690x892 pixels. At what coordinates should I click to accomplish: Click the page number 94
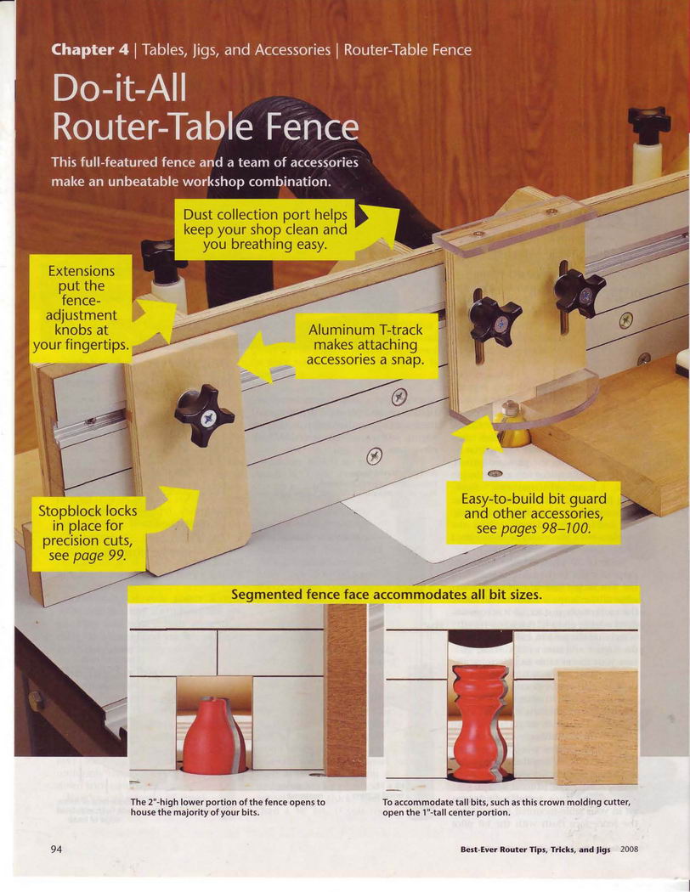[x=56, y=850]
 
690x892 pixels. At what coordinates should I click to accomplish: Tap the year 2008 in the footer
[x=629, y=850]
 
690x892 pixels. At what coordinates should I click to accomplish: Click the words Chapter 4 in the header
[x=90, y=50]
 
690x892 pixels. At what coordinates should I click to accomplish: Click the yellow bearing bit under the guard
[x=510, y=424]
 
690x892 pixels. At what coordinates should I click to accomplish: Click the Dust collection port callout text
[x=264, y=229]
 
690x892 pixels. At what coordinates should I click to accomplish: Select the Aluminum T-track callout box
[x=366, y=345]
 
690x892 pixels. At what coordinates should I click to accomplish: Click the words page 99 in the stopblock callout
[x=99, y=556]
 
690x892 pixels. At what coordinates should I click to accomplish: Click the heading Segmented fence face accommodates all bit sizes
[x=387, y=595]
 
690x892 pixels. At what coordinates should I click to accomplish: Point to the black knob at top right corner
[x=649, y=123]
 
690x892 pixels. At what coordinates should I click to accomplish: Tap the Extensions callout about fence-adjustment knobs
[x=81, y=308]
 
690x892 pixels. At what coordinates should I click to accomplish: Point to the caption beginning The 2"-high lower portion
[x=228, y=807]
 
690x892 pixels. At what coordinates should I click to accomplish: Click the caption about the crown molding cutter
[x=506, y=807]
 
